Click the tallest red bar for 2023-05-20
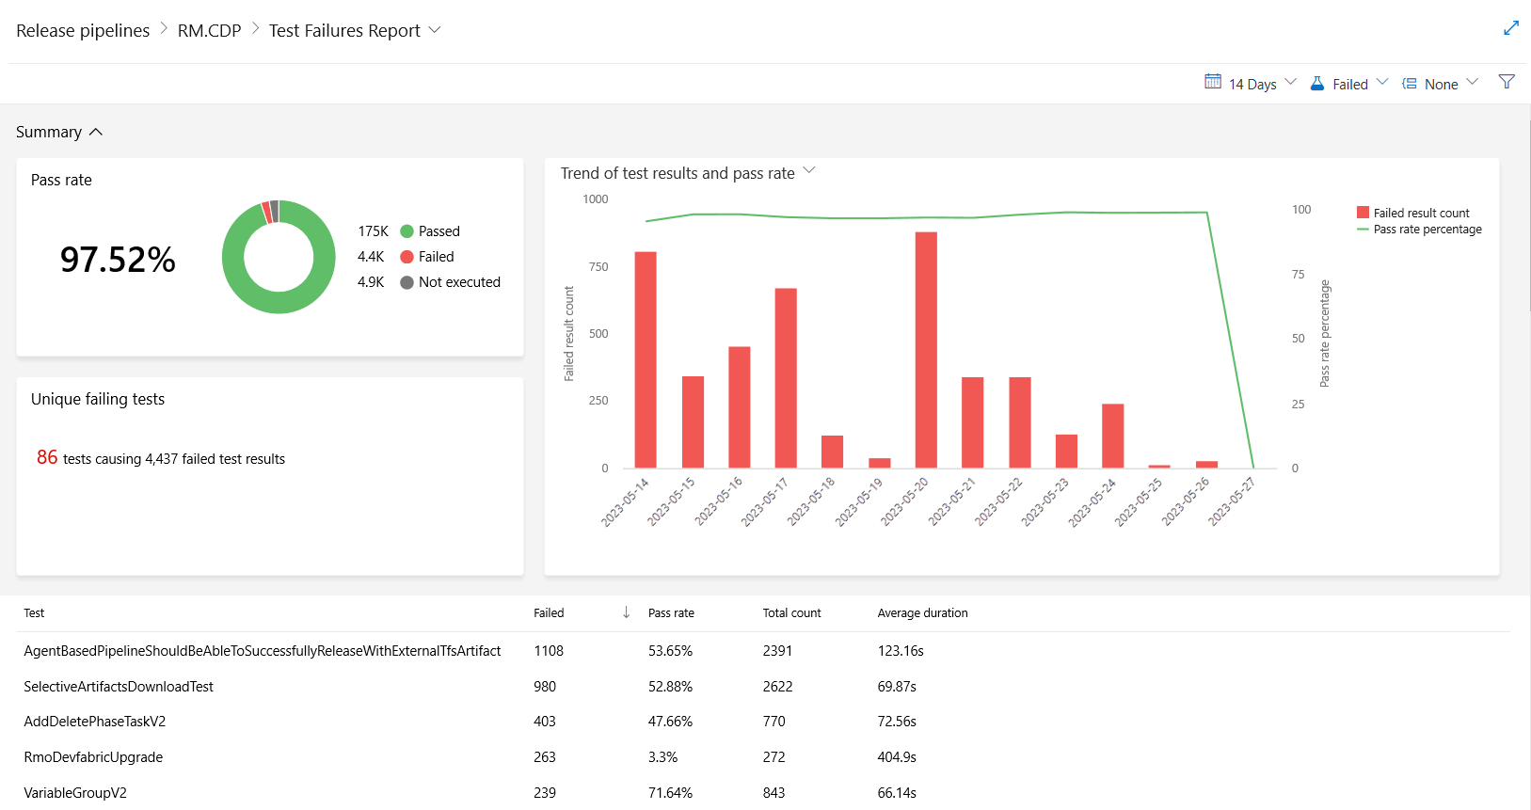(926, 350)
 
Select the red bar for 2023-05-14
(646, 359)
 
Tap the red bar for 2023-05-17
(786, 378)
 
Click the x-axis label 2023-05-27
(1232, 501)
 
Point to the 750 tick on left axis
(598, 267)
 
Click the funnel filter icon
(1507, 83)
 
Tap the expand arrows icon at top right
(1511, 28)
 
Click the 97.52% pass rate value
(118, 260)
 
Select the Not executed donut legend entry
(458, 282)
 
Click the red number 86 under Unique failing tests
(47, 457)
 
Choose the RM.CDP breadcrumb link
(209, 30)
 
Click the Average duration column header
(922, 613)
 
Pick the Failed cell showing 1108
(549, 651)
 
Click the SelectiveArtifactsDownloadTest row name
(119, 687)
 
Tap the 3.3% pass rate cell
(662, 757)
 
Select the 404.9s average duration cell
(897, 757)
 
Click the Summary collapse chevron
(96, 133)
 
